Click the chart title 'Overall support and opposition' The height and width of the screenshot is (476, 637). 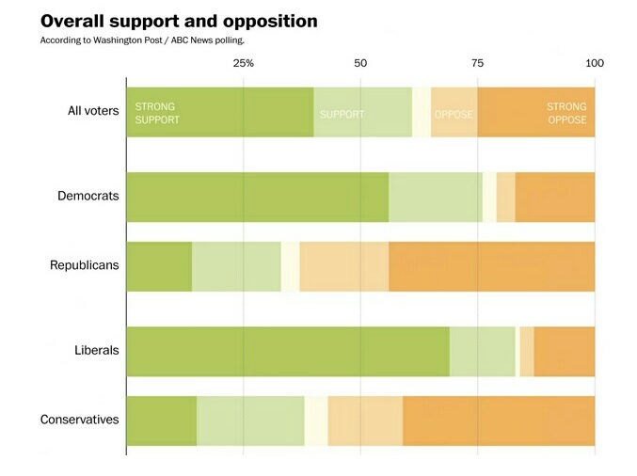pyautogui.click(x=179, y=21)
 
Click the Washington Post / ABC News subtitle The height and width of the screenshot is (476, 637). pyautogui.click(x=141, y=40)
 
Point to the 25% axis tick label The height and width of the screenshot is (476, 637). pyautogui.click(x=243, y=63)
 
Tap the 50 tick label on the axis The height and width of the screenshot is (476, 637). pyautogui.click(x=360, y=63)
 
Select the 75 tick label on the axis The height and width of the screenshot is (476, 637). pyautogui.click(x=477, y=63)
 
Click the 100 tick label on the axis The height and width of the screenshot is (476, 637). pyautogui.click(x=594, y=63)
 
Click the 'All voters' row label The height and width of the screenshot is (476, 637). pyautogui.click(x=93, y=111)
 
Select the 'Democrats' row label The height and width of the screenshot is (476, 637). pyautogui.click(x=88, y=197)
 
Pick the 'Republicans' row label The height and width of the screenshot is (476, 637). pyautogui.click(x=85, y=265)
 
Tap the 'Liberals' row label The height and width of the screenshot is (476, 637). pyautogui.click(x=97, y=351)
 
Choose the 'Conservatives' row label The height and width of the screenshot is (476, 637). pyautogui.click(x=80, y=420)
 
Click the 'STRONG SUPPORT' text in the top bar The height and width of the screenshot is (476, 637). pyautogui.click(x=157, y=114)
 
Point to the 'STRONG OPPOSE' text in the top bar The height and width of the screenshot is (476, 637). pyautogui.click(x=566, y=114)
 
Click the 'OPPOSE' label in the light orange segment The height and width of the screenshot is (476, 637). pyautogui.click(x=454, y=115)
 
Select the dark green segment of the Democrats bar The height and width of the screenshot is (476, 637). pyautogui.click(x=257, y=198)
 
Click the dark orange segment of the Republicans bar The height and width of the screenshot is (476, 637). pyautogui.click(x=491, y=266)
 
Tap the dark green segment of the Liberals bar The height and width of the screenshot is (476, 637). pyautogui.click(x=287, y=352)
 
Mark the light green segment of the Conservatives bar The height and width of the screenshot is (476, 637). pyautogui.click(x=250, y=420)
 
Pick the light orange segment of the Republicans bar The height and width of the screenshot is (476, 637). pyautogui.click(x=344, y=266)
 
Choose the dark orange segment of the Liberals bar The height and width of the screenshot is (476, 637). pyautogui.click(x=564, y=352)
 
